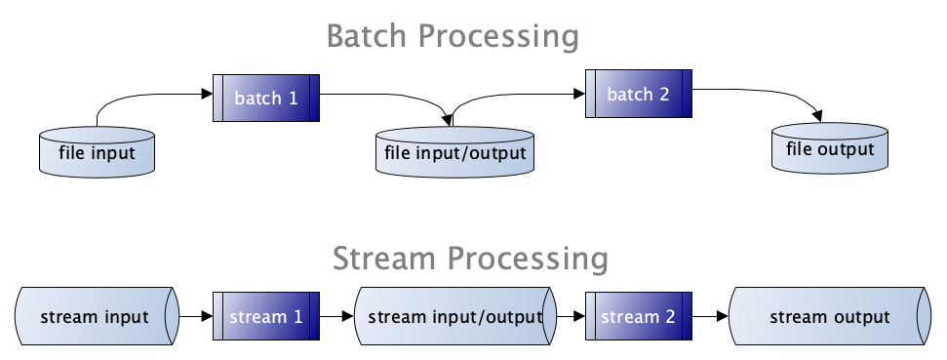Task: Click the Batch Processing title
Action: click(453, 36)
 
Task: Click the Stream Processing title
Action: click(470, 259)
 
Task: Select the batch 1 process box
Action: click(265, 98)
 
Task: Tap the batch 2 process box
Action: click(639, 94)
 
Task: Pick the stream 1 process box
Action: click(265, 316)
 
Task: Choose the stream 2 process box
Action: click(639, 316)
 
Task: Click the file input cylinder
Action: click(97, 151)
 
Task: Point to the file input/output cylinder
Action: click(454, 151)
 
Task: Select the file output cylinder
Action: click(830, 148)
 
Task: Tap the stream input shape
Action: click(97, 316)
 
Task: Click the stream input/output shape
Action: click(454, 316)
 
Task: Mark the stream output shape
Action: click(830, 316)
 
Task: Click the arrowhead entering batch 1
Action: click(207, 94)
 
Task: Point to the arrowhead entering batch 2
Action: click(579, 94)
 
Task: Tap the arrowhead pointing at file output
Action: click(817, 116)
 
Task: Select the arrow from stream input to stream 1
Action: click(196, 316)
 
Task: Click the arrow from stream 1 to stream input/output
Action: click(336, 316)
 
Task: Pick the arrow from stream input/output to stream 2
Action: click(571, 316)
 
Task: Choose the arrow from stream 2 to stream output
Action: click(710, 316)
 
